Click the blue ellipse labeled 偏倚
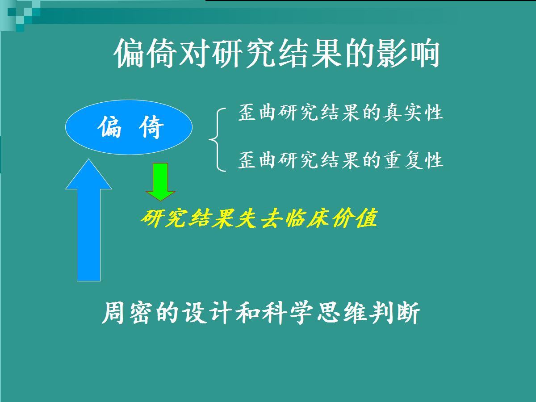129,127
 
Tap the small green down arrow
160,182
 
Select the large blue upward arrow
88,220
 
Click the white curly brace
218,140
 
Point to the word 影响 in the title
408,53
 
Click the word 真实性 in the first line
413,113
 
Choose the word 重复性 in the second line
413,160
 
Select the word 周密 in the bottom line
127,313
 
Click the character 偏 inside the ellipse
109,127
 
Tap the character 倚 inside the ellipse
151,127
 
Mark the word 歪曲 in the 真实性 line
257,113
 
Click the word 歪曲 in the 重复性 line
257,160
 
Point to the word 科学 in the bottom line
288,313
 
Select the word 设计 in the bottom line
207,313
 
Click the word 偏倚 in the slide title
145,53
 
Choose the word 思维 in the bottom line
341,313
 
